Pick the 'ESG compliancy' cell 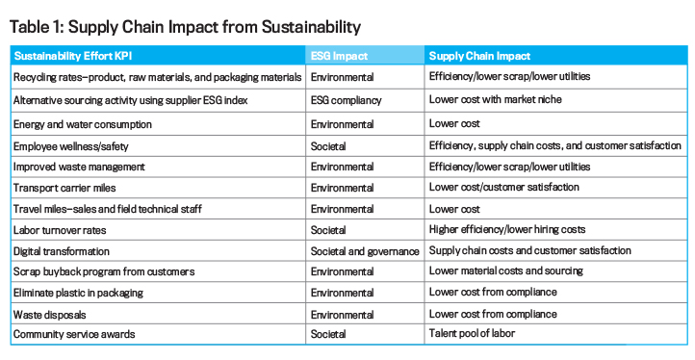[x=346, y=99]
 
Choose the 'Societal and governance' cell [x=365, y=250]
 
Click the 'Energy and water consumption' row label [x=83, y=124]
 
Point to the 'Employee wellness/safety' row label [x=72, y=145]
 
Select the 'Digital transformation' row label [x=63, y=250]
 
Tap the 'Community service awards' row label [x=73, y=334]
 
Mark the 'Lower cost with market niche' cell [x=494, y=99]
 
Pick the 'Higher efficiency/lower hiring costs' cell [x=508, y=229]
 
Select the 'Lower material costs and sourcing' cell [x=504, y=271]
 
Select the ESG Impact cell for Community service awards [x=332, y=334]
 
